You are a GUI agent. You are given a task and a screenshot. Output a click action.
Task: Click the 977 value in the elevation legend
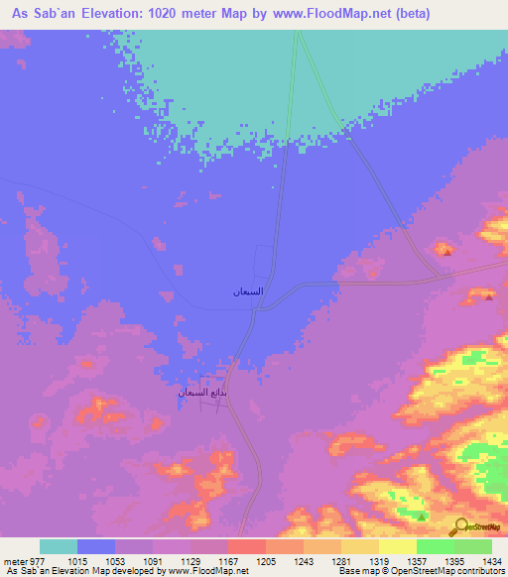[x=46, y=559]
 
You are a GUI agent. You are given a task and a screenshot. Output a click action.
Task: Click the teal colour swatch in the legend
[x=59, y=545]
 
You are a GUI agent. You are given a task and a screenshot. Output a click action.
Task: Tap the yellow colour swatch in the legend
[x=397, y=545]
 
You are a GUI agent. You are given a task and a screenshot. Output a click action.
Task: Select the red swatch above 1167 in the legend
[x=246, y=545]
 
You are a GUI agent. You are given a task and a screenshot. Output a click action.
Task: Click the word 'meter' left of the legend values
[x=18, y=559]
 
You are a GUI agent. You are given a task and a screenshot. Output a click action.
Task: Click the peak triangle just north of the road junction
[x=447, y=252]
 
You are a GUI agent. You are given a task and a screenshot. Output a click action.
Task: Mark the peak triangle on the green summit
[x=423, y=516]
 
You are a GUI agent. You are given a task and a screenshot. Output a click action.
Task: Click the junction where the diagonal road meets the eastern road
[x=443, y=279]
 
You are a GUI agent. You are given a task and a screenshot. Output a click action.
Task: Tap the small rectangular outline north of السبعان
[x=264, y=261]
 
